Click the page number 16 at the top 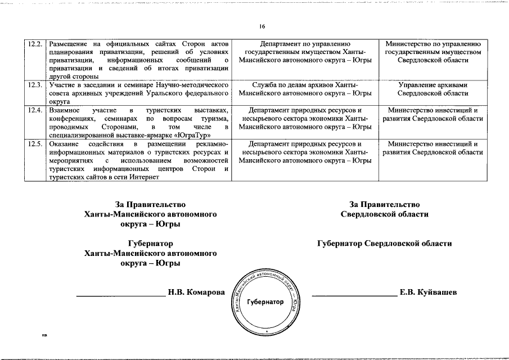pos(262,26)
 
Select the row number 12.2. pos(35,44)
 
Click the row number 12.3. pos(35,85)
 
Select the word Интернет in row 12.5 pos(144,177)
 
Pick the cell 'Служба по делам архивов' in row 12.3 pos(304,89)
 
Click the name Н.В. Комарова pos(196,292)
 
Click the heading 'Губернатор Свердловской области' pos(384,244)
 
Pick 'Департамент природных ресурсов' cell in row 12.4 pos(304,118)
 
